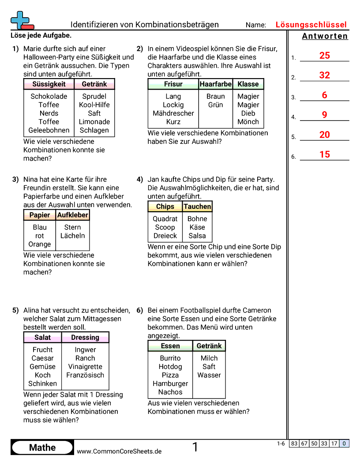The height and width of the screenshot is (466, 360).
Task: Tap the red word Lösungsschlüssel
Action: (311, 25)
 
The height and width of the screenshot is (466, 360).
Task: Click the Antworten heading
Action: (325, 36)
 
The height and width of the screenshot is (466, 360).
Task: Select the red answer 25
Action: (325, 56)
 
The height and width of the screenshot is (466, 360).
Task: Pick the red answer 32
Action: (325, 75)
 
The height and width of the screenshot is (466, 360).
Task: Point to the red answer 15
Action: (325, 154)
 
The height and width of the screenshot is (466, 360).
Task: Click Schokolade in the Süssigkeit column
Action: (49, 96)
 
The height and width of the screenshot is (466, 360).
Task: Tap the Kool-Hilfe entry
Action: (94, 105)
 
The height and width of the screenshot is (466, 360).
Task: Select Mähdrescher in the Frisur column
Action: (173, 113)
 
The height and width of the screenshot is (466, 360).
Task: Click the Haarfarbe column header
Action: (216, 84)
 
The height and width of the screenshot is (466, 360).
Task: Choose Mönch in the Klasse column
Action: (248, 122)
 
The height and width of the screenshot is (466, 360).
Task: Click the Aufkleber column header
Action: (73, 215)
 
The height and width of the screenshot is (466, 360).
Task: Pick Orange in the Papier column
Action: (40, 244)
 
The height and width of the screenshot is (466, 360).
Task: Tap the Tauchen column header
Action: (197, 206)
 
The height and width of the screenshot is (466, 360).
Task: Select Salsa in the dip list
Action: (197, 236)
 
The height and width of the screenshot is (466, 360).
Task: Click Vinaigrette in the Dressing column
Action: (85, 367)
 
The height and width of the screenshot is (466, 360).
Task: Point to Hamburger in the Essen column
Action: (170, 383)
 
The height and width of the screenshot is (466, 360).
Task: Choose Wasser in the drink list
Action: (209, 375)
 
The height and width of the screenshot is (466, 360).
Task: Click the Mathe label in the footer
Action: (42, 447)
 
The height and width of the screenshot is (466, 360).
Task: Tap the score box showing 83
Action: (294, 444)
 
